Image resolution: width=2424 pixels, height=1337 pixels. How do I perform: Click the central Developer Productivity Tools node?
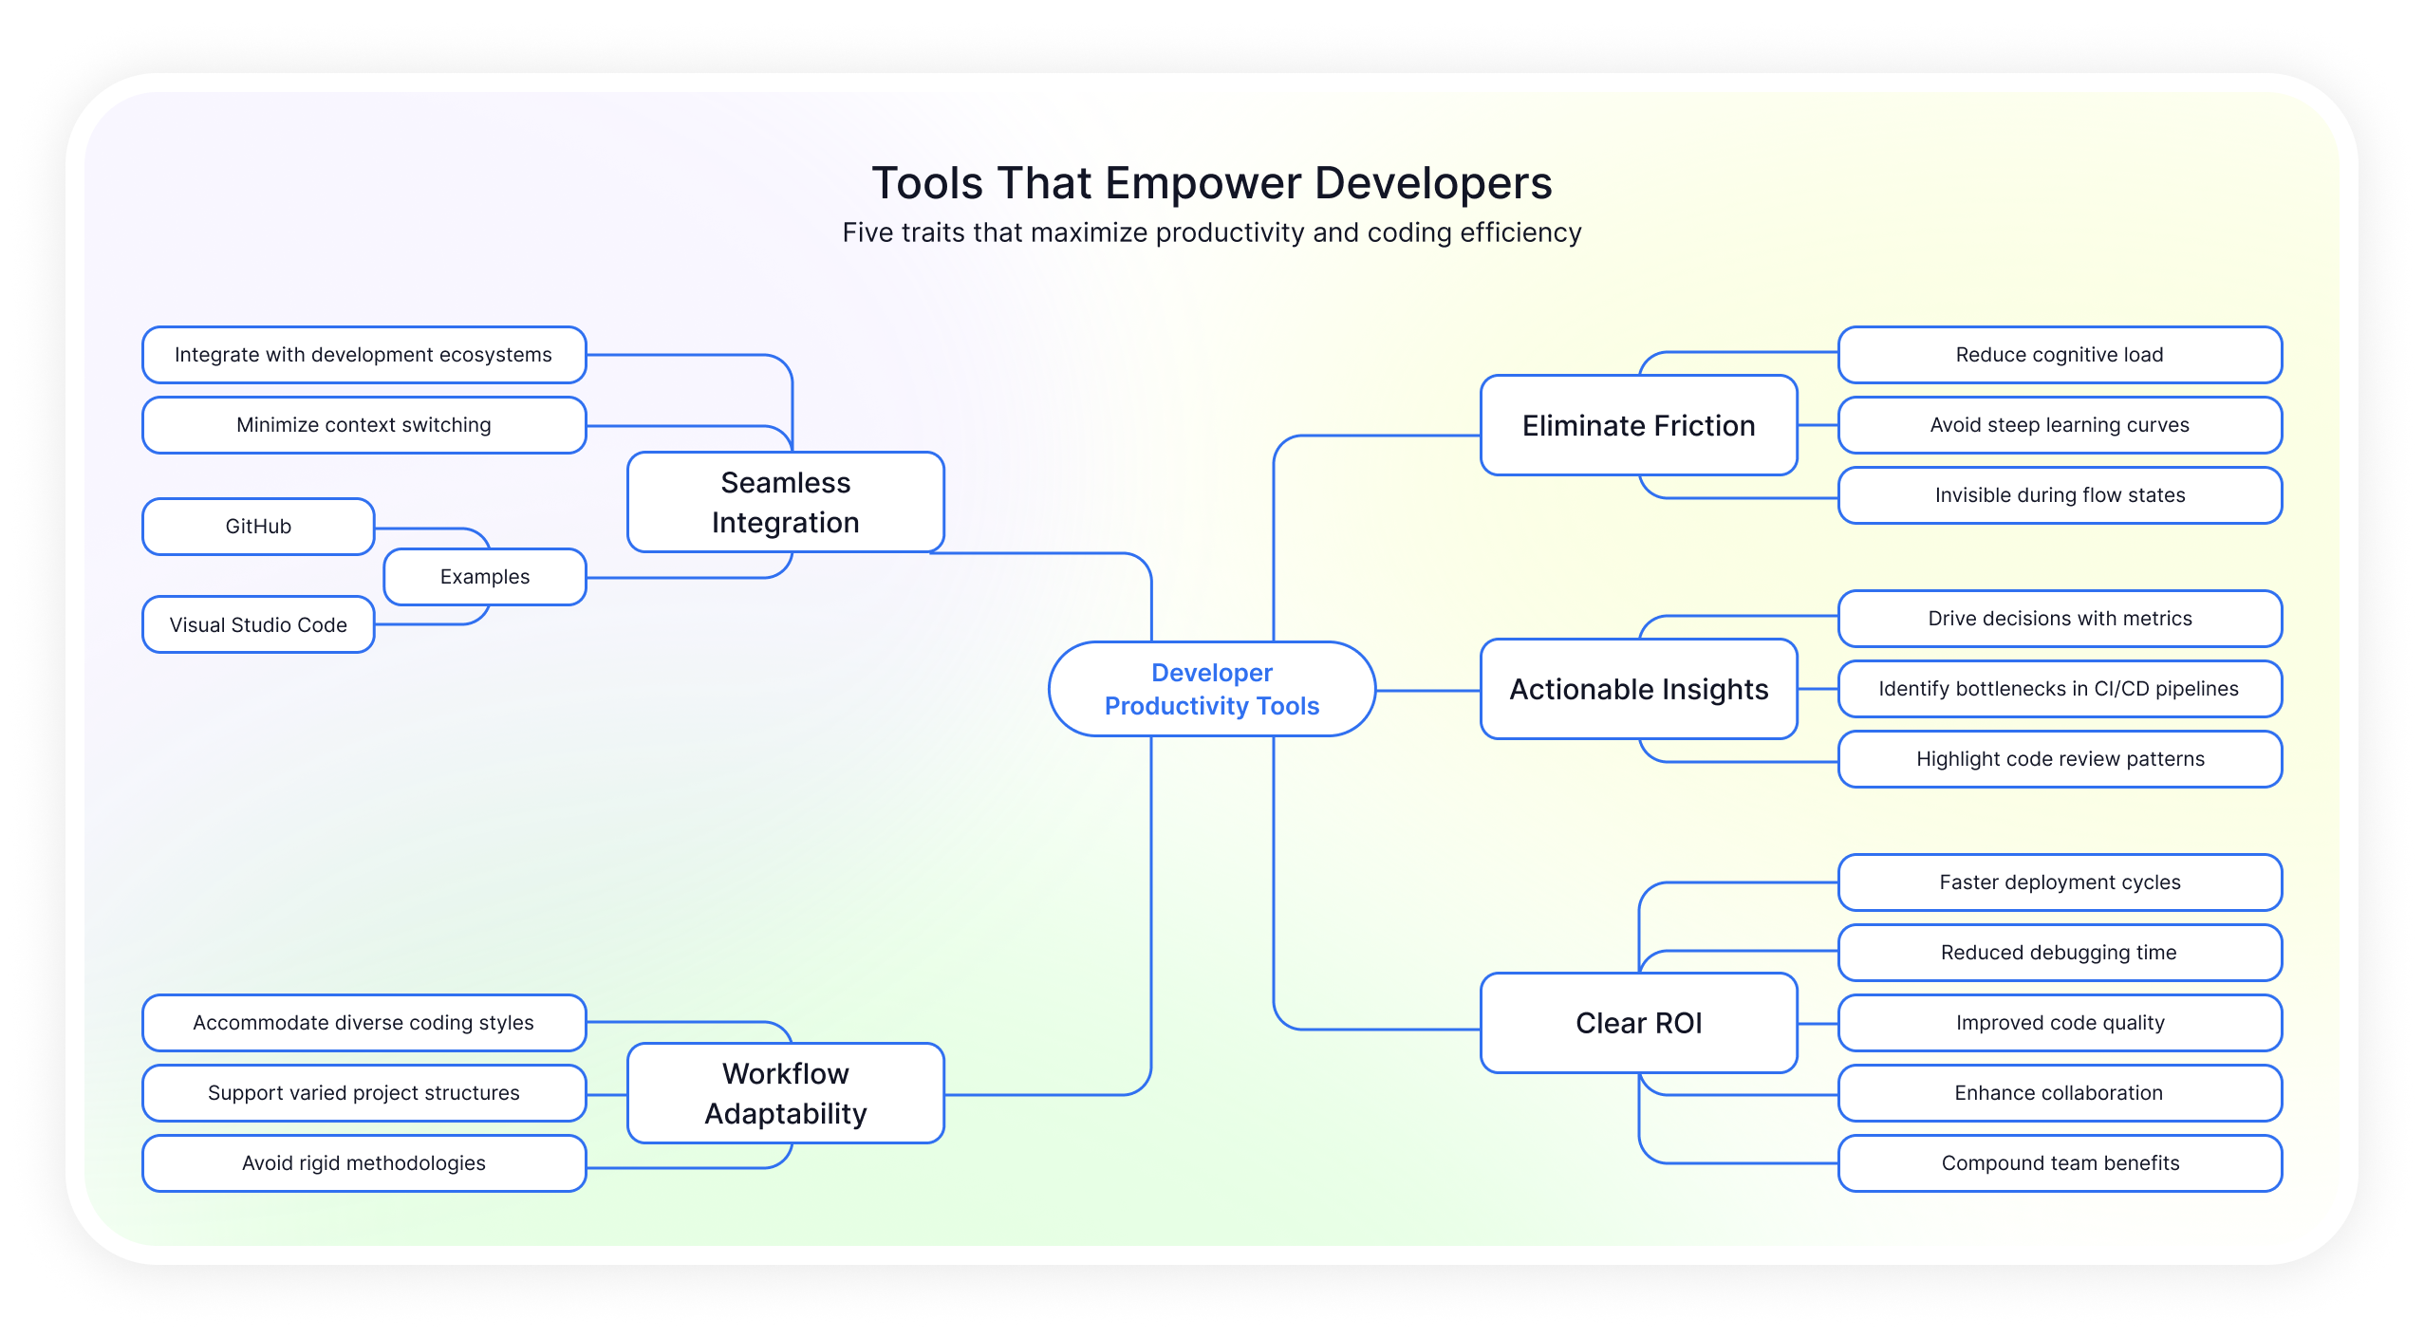[1211, 689]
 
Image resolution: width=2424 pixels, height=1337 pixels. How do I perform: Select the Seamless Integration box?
[785, 502]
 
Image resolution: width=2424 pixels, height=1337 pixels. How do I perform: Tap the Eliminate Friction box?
[1638, 425]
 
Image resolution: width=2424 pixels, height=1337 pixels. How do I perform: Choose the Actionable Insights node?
[1638, 689]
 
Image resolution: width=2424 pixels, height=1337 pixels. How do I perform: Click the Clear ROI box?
[1638, 1023]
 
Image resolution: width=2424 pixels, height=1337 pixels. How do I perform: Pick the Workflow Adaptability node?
[785, 1093]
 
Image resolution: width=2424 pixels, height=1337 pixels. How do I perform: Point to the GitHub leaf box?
[258, 527]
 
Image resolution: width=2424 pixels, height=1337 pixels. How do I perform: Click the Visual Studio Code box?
[258, 624]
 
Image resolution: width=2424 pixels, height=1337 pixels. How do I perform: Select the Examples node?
[485, 577]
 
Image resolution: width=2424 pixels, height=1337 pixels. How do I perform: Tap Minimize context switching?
[364, 425]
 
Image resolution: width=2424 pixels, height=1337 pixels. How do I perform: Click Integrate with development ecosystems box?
[364, 355]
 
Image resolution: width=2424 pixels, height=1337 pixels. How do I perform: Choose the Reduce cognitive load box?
[2060, 355]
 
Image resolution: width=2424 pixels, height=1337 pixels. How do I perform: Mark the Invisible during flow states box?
[2060, 495]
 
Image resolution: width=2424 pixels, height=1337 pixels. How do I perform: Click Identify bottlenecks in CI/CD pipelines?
[2060, 689]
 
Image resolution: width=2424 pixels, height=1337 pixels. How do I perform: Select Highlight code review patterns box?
[2060, 759]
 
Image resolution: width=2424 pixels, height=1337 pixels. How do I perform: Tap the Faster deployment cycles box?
[2060, 882]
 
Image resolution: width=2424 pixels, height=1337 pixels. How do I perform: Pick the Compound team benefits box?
[2060, 1163]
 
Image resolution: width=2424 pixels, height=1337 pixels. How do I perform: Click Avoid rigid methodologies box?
[364, 1163]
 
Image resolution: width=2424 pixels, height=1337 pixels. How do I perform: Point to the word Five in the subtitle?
[867, 233]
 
